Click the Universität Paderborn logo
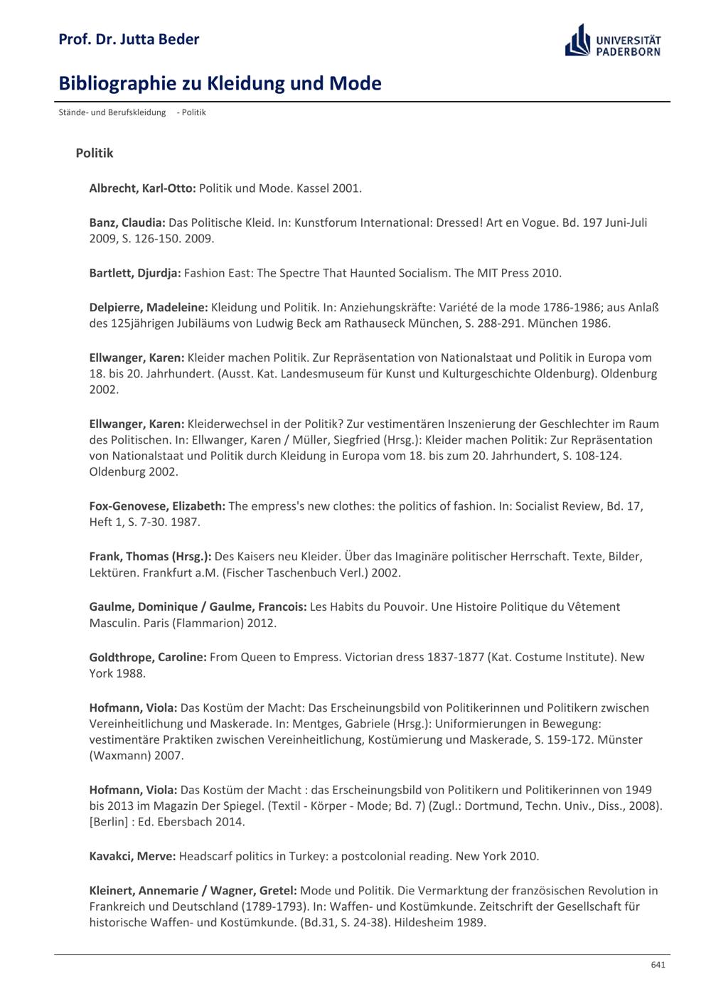[613, 41]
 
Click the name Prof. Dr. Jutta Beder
[129, 39]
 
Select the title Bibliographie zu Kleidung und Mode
[220, 84]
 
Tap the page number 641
[658, 965]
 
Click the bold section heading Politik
[95, 153]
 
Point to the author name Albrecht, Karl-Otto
[142, 188]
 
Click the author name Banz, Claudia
[127, 223]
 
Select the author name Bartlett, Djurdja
[135, 273]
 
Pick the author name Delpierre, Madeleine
[149, 307]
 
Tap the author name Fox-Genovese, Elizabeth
[157, 506]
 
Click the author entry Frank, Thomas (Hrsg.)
[150, 557]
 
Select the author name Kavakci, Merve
[132, 856]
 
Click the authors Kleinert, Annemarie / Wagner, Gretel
[193, 890]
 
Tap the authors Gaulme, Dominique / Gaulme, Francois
[198, 606]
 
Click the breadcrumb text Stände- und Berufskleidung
[112, 112]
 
